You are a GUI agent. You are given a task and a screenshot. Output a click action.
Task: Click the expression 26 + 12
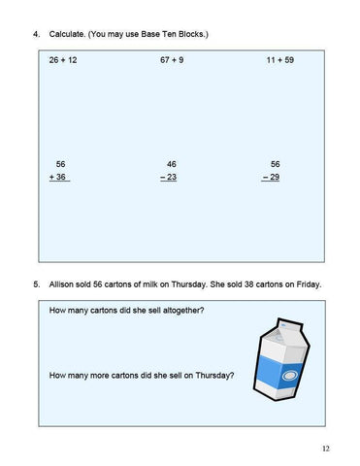63,60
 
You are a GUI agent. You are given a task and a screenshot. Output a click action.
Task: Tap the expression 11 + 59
280,60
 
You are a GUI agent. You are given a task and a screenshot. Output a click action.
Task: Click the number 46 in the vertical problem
172,163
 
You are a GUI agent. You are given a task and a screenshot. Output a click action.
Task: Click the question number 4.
35,35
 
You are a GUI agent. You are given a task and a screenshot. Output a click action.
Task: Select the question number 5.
35,284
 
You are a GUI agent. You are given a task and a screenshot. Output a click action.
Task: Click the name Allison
63,284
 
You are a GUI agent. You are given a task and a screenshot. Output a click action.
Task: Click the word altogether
191,312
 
